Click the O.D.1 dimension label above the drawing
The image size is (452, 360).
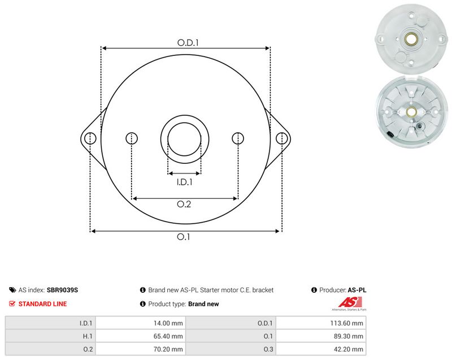click(188, 42)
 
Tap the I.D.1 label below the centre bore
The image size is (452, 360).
click(185, 182)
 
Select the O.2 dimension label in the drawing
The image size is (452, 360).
click(184, 204)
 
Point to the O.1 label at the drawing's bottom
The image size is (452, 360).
click(183, 237)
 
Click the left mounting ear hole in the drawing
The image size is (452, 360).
click(90, 138)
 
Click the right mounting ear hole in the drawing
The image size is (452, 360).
click(281, 138)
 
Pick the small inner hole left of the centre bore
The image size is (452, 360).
click(132, 138)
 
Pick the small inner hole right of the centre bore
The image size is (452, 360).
click(238, 138)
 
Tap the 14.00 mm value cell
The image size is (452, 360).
click(140, 323)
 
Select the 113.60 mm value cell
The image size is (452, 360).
click(321, 323)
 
